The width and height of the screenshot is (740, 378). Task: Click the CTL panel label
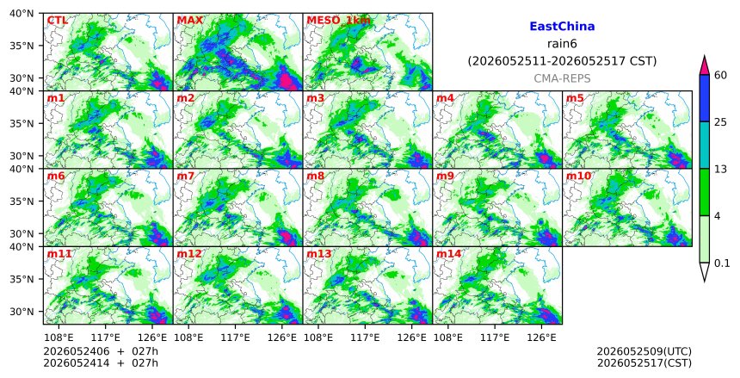click(x=57, y=21)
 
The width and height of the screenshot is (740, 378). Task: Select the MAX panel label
click(x=189, y=21)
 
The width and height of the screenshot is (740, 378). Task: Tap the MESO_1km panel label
click(x=338, y=21)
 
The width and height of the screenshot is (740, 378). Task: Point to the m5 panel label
click(x=575, y=98)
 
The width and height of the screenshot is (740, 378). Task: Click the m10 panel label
click(x=578, y=176)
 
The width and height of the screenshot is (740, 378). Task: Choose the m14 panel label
click(x=448, y=254)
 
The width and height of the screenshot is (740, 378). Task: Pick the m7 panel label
click(x=186, y=176)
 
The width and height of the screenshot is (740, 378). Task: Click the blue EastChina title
click(x=562, y=27)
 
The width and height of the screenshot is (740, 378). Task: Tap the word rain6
click(x=562, y=44)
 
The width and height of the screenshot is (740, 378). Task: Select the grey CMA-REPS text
click(x=562, y=78)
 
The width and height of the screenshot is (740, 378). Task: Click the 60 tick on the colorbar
click(x=720, y=76)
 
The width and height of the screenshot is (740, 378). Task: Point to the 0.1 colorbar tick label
click(x=722, y=263)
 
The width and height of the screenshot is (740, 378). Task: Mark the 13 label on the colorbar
click(x=720, y=169)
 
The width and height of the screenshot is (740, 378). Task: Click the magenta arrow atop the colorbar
click(x=704, y=65)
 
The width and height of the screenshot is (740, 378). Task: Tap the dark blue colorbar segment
click(x=704, y=98)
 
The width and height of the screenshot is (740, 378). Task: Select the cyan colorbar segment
click(x=704, y=145)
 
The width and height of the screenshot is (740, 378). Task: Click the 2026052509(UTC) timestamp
click(x=644, y=351)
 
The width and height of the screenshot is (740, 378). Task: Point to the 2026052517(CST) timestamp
click(x=644, y=363)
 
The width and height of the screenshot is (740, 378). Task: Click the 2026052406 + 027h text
click(x=101, y=351)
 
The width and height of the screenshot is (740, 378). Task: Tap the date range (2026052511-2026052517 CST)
click(x=562, y=61)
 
